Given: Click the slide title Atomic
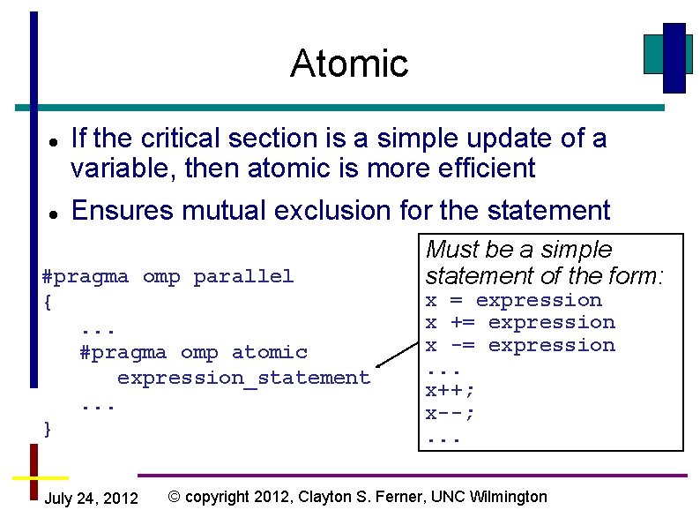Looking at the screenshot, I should click(349, 64).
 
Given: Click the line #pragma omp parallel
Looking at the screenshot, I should click(168, 276).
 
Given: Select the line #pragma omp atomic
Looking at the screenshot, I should click(193, 352).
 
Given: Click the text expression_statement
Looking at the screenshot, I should click(243, 378).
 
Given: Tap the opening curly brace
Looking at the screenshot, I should click(48, 302).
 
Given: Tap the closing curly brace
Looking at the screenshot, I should click(48, 429).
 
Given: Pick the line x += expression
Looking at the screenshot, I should click(520, 323).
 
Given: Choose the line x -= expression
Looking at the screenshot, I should click(520, 346).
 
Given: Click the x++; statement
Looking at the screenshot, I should click(451, 391).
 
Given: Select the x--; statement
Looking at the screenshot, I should click(451, 414).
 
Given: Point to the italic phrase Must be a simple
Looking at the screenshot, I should click(518, 250).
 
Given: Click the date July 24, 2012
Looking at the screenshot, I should click(91, 499).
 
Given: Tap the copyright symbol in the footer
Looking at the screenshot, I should click(174, 497).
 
